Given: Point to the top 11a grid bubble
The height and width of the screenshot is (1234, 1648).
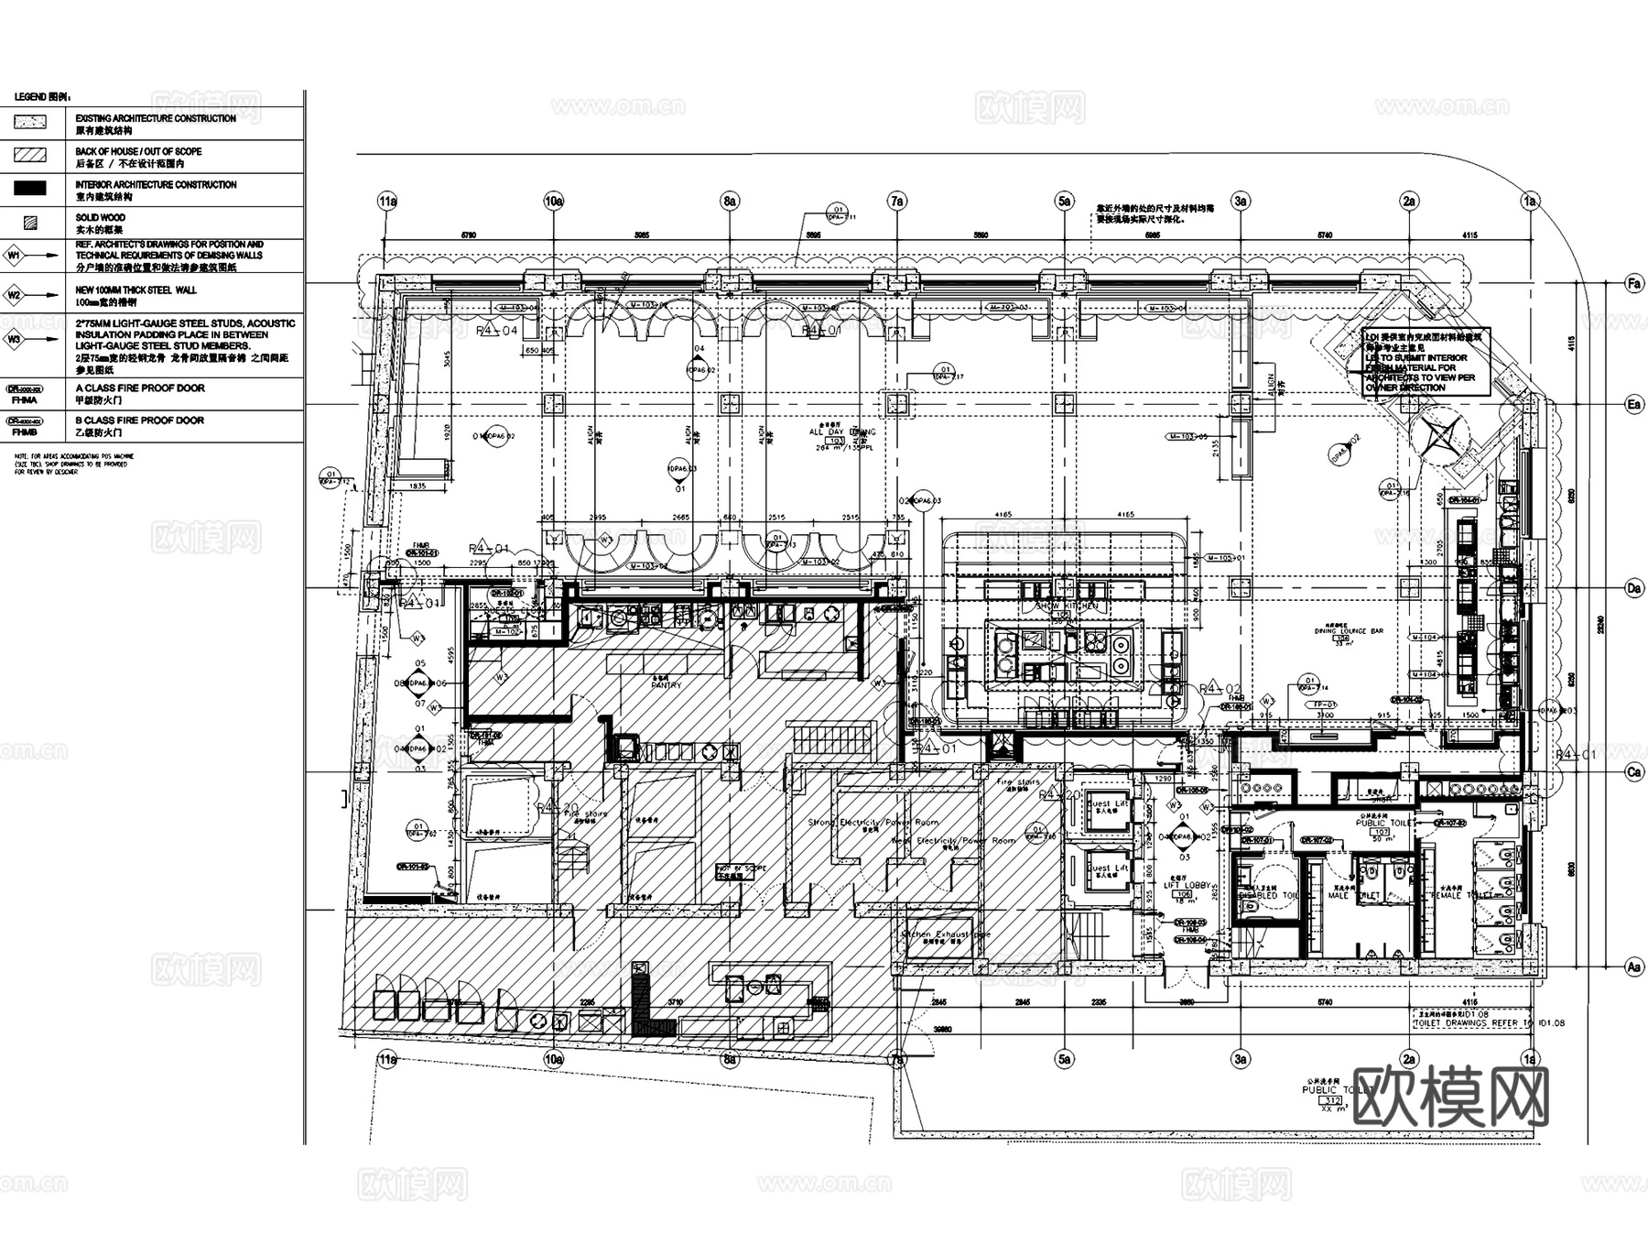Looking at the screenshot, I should [x=387, y=201].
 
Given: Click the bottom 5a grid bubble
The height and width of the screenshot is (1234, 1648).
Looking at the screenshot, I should [x=1064, y=1060].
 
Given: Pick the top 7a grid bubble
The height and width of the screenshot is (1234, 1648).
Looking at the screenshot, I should [x=897, y=201].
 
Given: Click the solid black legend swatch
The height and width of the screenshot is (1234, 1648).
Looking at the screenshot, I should [x=30, y=189].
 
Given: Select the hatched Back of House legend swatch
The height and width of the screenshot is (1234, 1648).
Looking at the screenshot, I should [x=30, y=155].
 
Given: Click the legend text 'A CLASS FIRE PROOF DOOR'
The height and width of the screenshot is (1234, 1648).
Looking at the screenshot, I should [x=140, y=388].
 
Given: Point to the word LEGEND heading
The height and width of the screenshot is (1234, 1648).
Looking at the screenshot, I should [x=30, y=97].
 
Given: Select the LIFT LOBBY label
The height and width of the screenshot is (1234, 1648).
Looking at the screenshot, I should [x=1187, y=886].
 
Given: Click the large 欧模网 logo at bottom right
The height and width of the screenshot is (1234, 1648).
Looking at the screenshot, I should [x=1449, y=1096].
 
